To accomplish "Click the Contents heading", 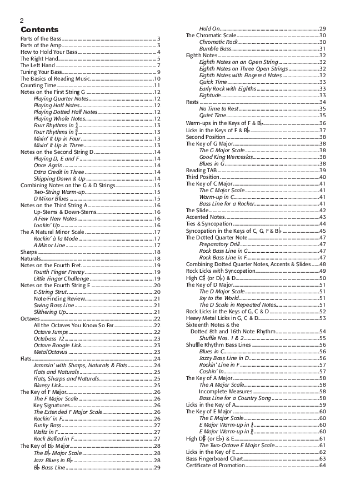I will click(x=39, y=29).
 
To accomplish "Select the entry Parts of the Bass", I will click(x=41, y=38).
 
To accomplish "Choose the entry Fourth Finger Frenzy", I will click(x=59, y=272).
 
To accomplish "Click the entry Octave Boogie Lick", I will click(x=57, y=346).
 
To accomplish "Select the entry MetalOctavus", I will click(x=50, y=352).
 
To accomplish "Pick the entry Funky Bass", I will click(x=48, y=425).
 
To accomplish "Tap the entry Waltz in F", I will click(x=47, y=432).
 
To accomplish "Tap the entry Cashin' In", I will click(x=212, y=371).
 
